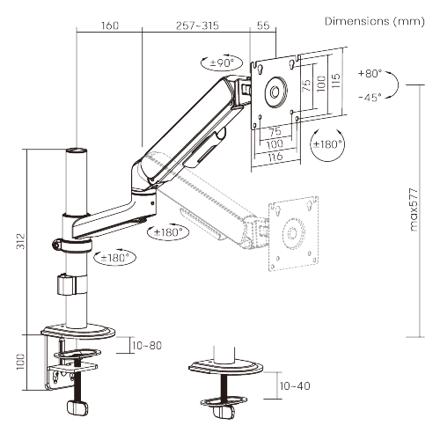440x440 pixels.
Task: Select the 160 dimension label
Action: point(109,26)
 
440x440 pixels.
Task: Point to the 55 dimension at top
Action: point(263,26)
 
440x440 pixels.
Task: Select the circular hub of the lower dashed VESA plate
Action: point(291,233)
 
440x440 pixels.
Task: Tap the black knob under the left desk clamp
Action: point(76,407)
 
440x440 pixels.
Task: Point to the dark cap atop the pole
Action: point(77,151)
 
